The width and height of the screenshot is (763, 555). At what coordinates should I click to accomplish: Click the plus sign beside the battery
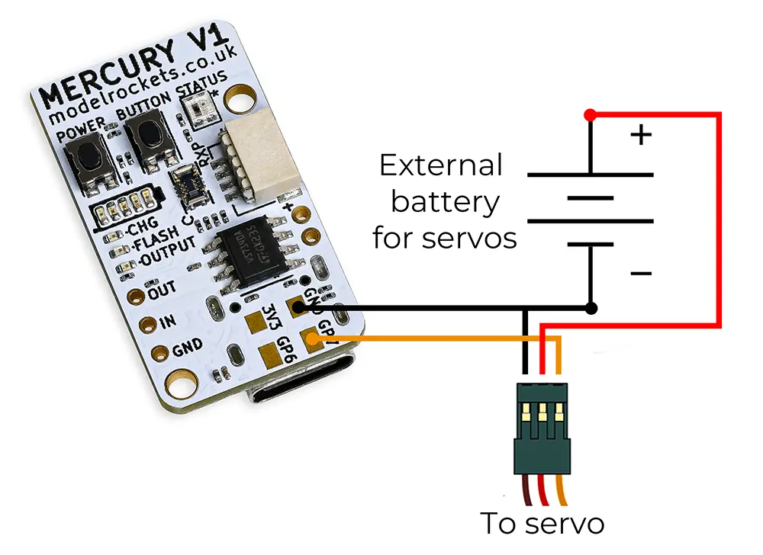(x=642, y=136)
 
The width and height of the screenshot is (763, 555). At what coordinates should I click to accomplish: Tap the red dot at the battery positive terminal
(x=589, y=115)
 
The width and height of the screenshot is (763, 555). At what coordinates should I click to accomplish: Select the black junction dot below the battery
(x=591, y=308)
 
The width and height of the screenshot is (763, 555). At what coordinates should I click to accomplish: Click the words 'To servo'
(x=542, y=524)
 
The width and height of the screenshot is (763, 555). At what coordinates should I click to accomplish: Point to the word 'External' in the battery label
(x=441, y=165)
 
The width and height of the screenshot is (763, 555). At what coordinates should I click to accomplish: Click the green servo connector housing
(x=542, y=427)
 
